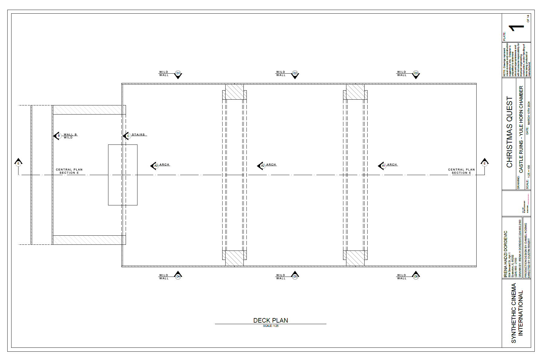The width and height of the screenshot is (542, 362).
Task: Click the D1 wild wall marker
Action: (178, 74)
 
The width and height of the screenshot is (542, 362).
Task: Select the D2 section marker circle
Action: (295, 74)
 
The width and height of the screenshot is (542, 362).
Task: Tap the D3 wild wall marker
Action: (416, 74)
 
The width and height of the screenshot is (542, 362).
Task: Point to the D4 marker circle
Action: (178, 276)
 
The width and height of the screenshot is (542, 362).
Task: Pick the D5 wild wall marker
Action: (295, 276)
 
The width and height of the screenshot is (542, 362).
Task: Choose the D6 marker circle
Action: (416, 276)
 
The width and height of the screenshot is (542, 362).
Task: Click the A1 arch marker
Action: (383, 166)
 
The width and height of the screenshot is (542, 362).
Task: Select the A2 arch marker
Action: (263, 166)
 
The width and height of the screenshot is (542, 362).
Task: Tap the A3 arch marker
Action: (156, 166)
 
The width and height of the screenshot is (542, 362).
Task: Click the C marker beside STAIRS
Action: (128, 136)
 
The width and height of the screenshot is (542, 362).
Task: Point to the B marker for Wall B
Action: (59, 136)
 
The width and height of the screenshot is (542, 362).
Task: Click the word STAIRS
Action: (138, 135)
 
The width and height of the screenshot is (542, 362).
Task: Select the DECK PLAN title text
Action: (270, 320)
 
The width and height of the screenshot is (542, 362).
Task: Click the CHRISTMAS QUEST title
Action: (509, 132)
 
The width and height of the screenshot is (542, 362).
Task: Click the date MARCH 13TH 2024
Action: (529, 113)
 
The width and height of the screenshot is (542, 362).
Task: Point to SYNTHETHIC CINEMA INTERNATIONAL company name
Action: (517, 313)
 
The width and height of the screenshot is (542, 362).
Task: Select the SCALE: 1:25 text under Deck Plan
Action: (271, 326)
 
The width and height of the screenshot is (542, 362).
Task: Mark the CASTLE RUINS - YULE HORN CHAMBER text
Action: (521, 129)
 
